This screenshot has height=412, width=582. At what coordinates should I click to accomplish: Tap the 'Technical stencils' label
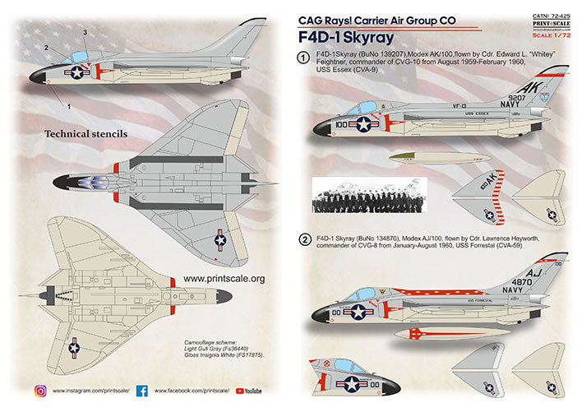[x=83, y=132]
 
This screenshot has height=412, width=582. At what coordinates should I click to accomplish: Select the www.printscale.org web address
[x=224, y=279]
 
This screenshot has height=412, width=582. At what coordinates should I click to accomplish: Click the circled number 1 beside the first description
[x=303, y=58]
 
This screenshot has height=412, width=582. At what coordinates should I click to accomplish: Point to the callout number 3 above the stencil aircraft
[x=85, y=32]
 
